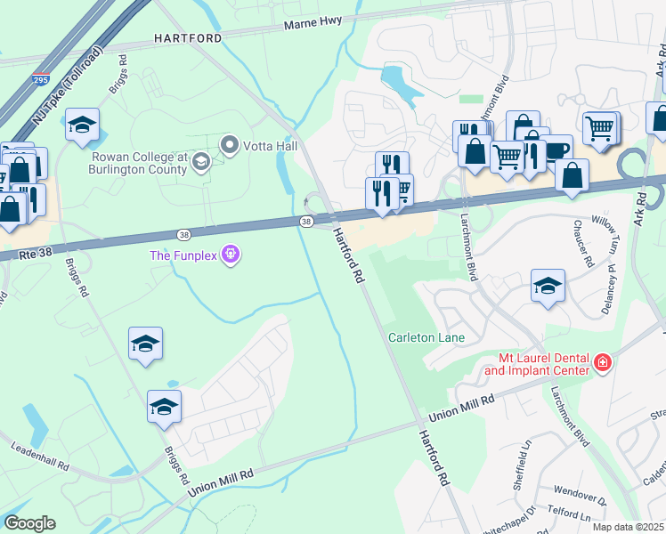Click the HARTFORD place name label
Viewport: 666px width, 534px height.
click(187, 38)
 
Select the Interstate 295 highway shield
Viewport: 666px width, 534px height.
click(40, 80)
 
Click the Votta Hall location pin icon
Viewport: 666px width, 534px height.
click(231, 143)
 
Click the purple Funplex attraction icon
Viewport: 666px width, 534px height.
click(231, 255)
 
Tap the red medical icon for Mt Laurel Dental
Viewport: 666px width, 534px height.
click(603, 362)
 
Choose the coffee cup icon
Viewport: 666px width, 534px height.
click(557, 150)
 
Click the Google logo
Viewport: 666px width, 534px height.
click(29, 522)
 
